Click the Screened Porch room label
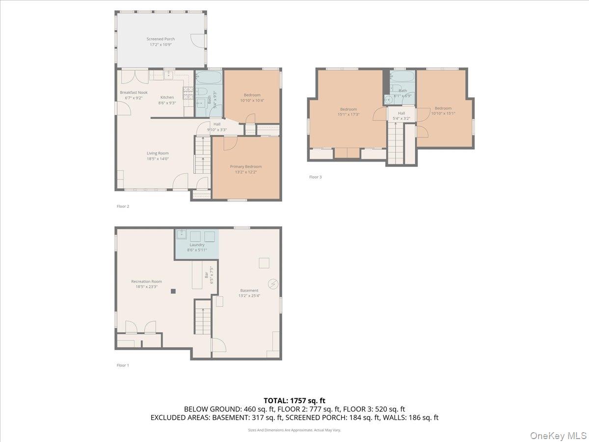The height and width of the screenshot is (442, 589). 161,39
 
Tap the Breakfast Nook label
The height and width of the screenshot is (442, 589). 134,92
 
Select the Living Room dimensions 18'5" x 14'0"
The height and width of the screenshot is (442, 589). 158,159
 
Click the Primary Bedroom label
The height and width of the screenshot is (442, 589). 246,166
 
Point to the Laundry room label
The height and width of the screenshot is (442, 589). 197,245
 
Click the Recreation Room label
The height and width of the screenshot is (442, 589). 146,281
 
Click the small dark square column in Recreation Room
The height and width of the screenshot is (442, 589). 173,291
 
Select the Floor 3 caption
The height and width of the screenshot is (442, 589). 315,177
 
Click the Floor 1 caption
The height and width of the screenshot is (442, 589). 123,365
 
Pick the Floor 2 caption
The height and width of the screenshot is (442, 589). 123,206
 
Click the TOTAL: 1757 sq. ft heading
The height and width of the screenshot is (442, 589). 294,401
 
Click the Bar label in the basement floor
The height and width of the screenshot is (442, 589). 206,275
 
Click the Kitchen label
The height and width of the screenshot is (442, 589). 167,97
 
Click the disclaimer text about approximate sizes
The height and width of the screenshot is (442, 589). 294,430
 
